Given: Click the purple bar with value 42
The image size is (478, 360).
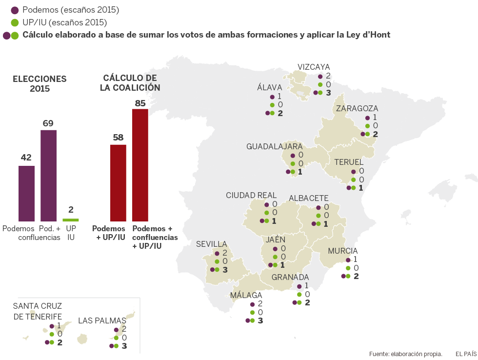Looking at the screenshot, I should [x=26, y=194].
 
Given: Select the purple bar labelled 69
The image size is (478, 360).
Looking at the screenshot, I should [x=48, y=176].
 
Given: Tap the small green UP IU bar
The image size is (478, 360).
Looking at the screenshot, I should [x=71, y=220].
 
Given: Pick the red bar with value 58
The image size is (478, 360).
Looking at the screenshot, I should [x=118, y=183].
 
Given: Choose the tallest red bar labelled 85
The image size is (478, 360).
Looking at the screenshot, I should [x=140, y=165].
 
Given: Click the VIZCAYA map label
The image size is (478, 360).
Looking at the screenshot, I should [x=314, y=67].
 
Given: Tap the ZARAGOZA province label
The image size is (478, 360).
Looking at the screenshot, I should [x=357, y=108].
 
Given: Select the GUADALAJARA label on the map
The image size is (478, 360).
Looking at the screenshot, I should [x=274, y=146].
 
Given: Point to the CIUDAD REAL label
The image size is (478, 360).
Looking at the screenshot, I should [x=251, y=195].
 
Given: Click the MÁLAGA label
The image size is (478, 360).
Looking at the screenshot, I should [x=246, y=295].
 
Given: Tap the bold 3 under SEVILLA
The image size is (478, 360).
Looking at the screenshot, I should [x=225, y=269].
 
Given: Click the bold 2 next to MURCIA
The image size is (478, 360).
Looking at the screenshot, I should [x=356, y=276].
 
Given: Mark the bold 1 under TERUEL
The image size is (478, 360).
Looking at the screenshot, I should [x=360, y=188].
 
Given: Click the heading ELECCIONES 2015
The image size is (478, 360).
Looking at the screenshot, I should [x=40, y=83].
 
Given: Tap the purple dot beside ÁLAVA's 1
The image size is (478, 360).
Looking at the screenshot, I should [x=272, y=96].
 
